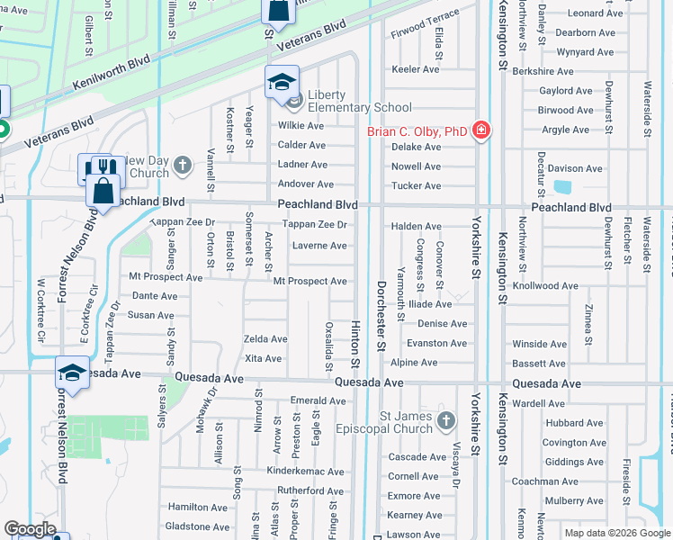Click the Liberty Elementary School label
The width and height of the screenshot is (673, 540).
pyautogui.click(x=359, y=101)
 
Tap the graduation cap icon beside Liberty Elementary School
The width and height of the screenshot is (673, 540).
pyautogui.click(x=282, y=82)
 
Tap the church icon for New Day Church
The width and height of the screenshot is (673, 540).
pyautogui.click(x=183, y=165)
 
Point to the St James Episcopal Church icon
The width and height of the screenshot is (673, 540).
pyautogui.click(x=445, y=421)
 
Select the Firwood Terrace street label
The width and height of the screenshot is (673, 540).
pyautogui.click(x=425, y=18)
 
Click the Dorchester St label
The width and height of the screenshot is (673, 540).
pyautogui.click(x=381, y=325)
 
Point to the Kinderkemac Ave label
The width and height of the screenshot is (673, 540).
pyautogui.click(x=305, y=472)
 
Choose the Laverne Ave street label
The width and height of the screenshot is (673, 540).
pyautogui.click(x=319, y=246)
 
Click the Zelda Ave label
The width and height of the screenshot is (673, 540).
pyautogui.click(x=265, y=339)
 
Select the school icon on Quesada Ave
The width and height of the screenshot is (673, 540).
pyautogui.click(x=72, y=373)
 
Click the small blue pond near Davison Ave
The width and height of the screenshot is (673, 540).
pyautogui.click(x=563, y=188)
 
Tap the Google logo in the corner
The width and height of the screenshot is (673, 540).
pyautogui.click(x=30, y=530)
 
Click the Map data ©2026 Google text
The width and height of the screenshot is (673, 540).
pyautogui.click(x=616, y=533)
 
